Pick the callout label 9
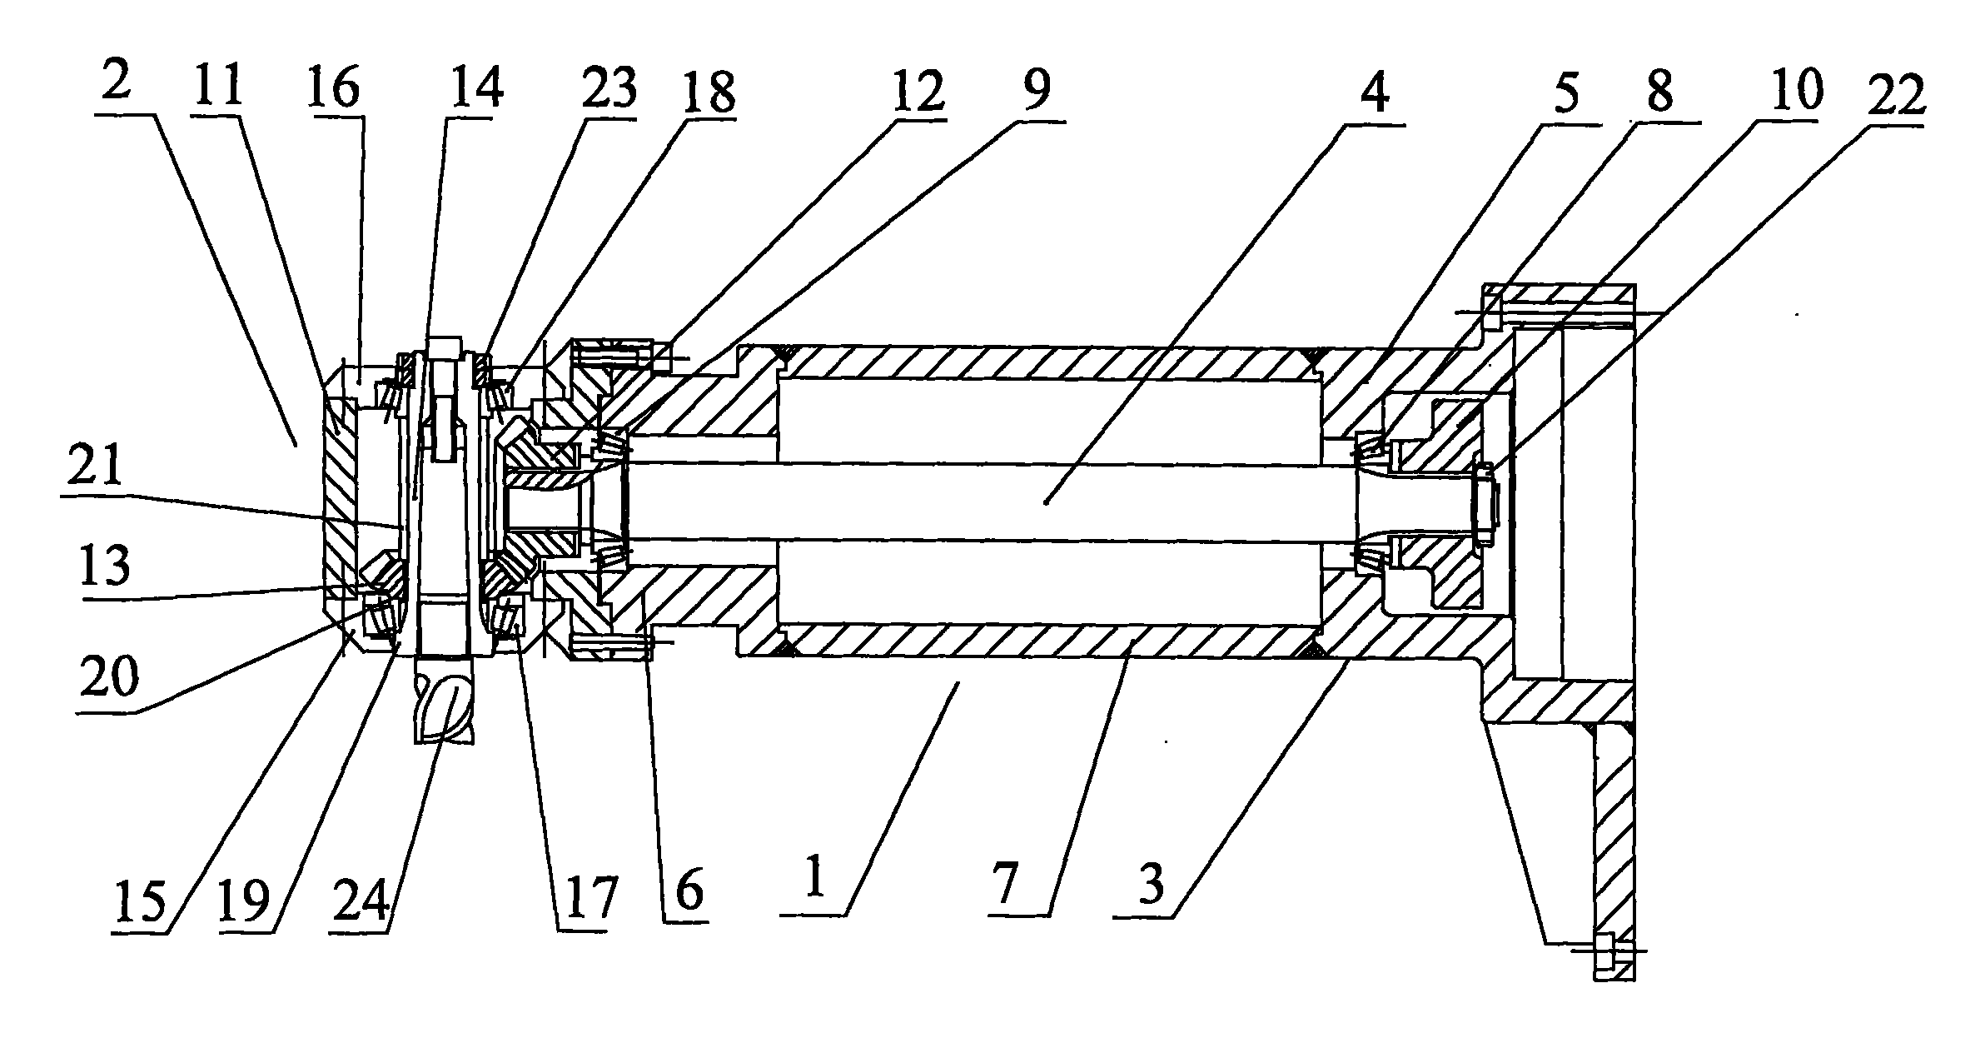coord(1036,90)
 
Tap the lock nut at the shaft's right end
coord(1486,507)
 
